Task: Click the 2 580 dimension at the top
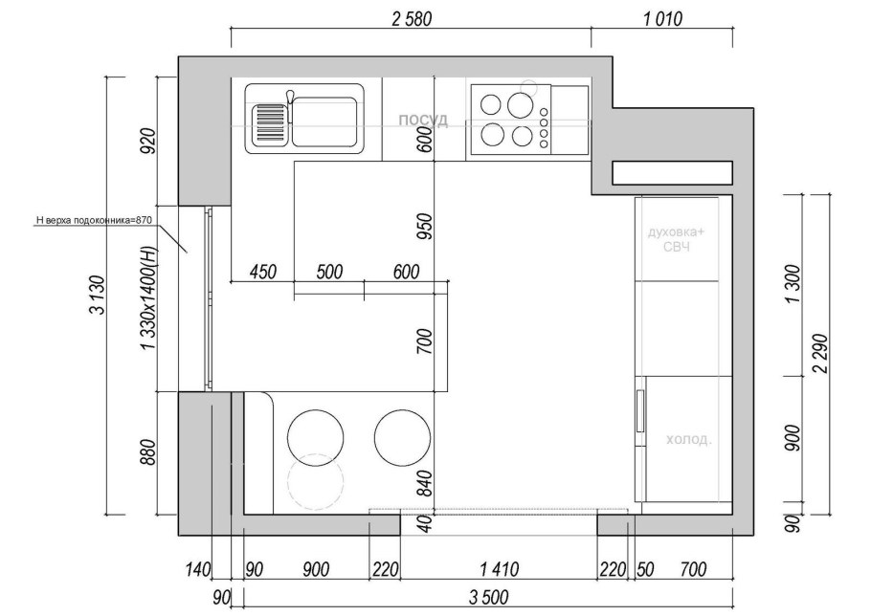[x=411, y=19]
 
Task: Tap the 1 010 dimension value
[x=662, y=19]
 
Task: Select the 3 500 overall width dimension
[x=488, y=598]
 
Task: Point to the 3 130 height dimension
[x=98, y=295]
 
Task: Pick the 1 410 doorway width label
[x=499, y=569]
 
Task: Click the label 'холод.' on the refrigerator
[x=688, y=440]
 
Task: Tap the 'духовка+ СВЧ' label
[x=676, y=238]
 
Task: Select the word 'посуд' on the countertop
[x=423, y=120]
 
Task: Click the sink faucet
[x=289, y=104]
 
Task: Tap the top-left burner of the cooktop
[x=490, y=103]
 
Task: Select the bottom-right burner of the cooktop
[x=523, y=137]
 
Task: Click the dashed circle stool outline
[x=316, y=480]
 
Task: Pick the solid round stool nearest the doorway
[x=402, y=438]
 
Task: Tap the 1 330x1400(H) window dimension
[x=148, y=298]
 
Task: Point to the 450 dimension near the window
[x=263, y=272]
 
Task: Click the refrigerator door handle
[x=640, y=411]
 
